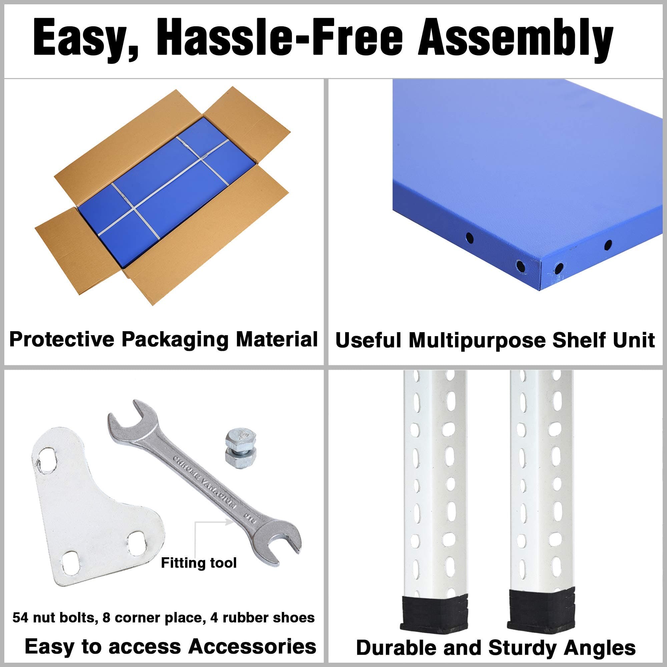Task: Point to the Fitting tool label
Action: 199,563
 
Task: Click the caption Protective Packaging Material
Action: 163,340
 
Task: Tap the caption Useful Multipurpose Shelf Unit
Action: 495,340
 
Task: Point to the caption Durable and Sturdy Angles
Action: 496,647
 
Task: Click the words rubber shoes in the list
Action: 268,617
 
